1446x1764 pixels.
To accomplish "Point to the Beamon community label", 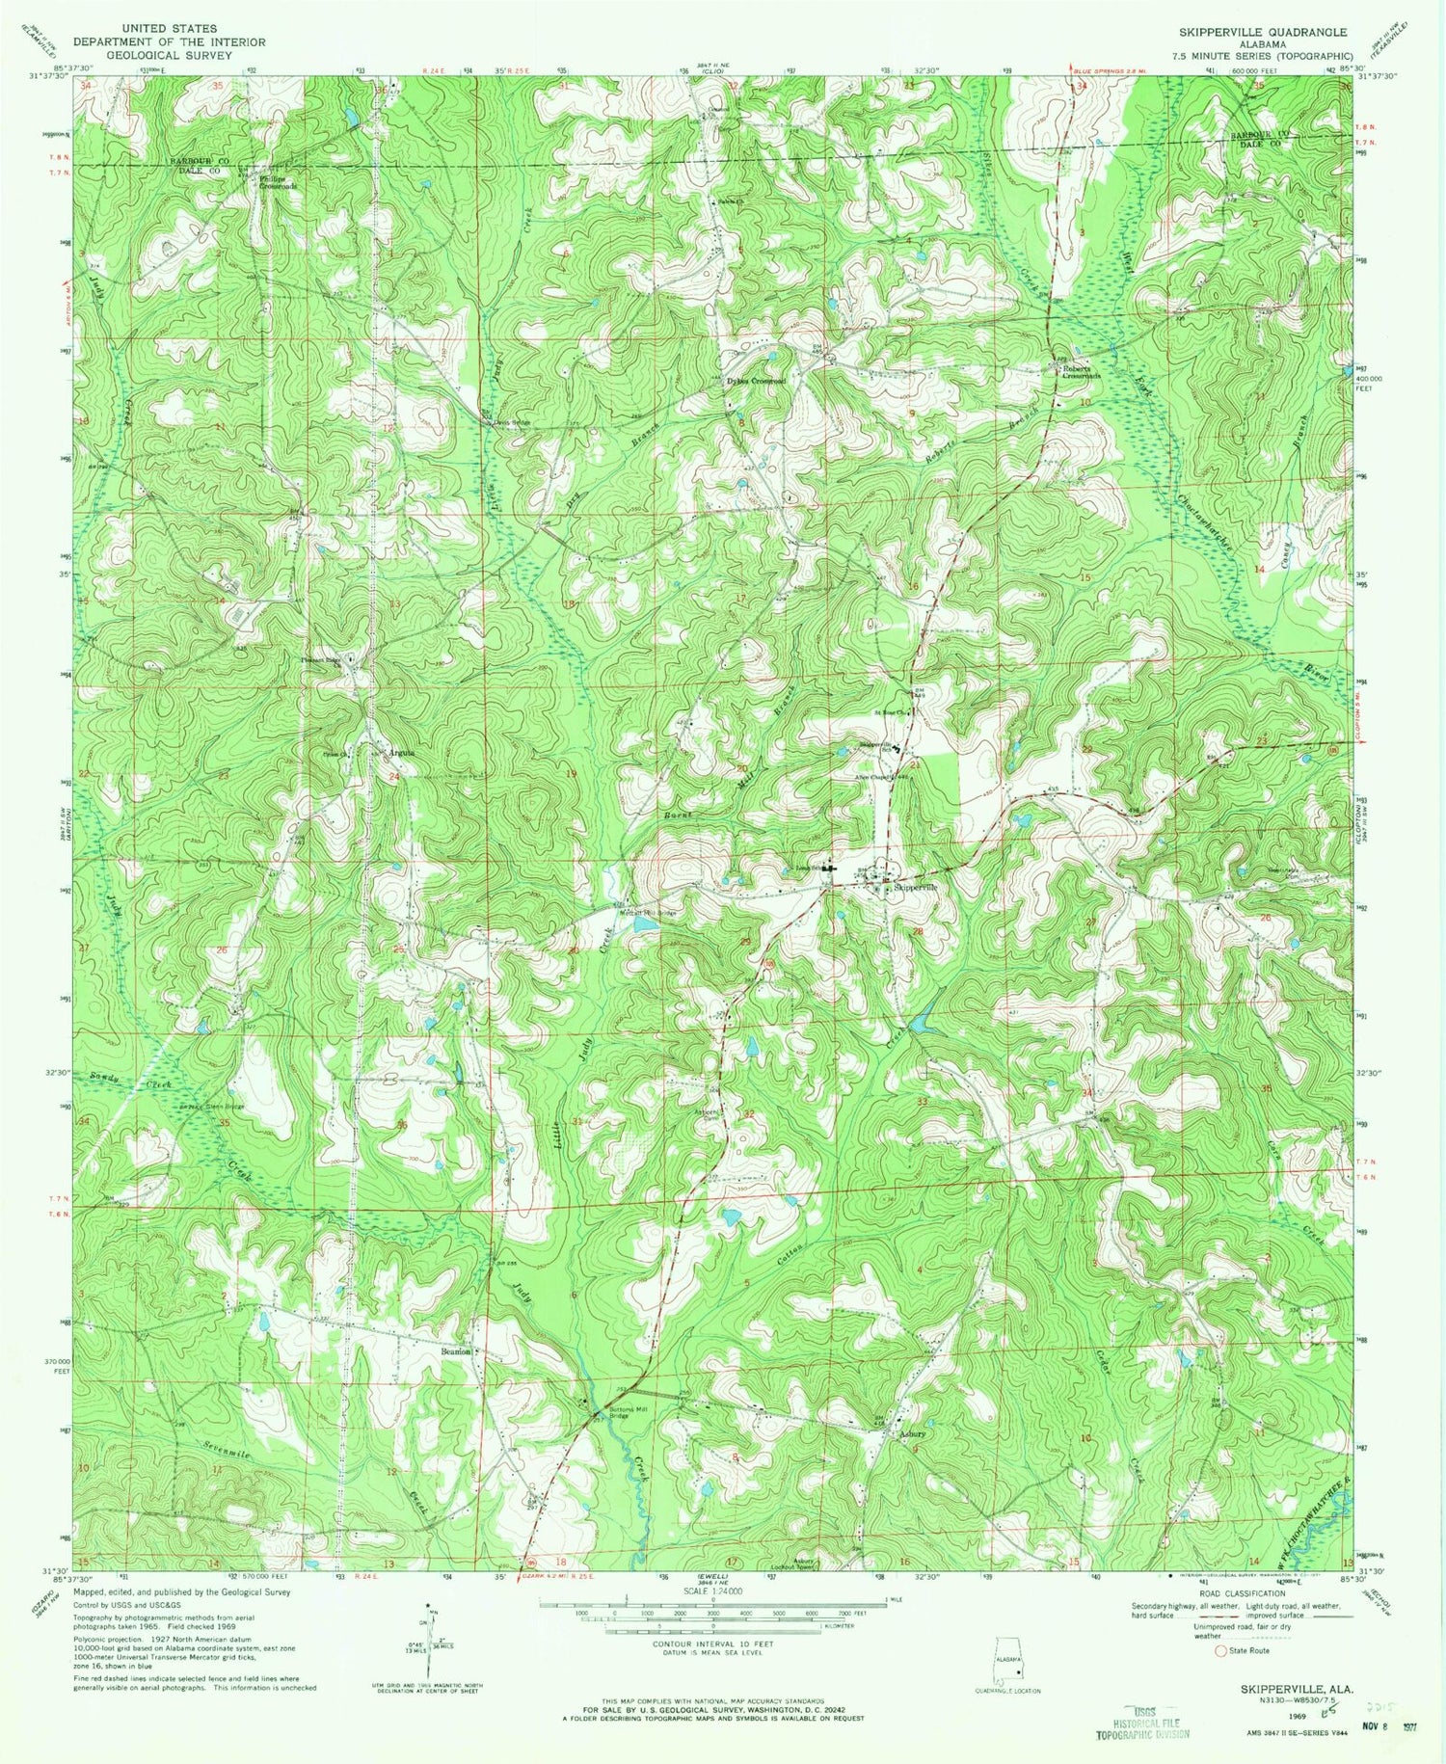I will pos(456,1351).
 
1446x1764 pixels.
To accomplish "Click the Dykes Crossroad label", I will pos(756,381).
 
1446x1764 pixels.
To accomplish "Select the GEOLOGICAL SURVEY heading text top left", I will pos(170,55).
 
